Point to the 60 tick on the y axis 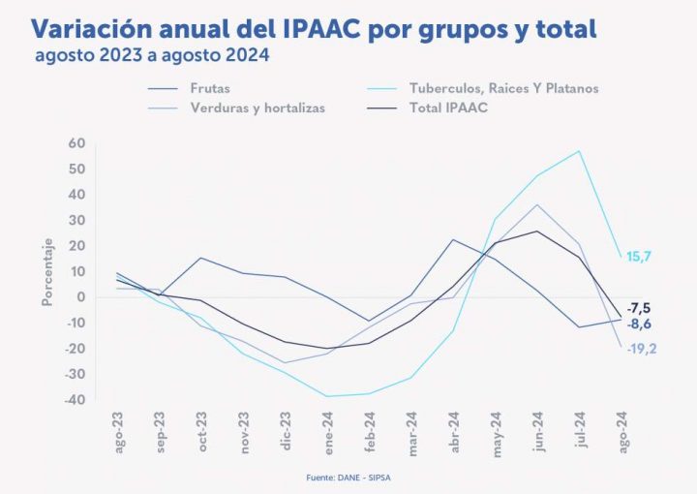[x=77, y=143]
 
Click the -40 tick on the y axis [x=75, y=400]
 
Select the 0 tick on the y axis [x=81, y=297]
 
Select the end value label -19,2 [x=641, y=349]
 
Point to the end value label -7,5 [x=640, y=308]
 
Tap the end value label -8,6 [x=640, y=325]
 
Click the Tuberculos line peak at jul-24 [x=580, y=151]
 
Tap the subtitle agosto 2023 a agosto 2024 [x=151, y=55]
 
